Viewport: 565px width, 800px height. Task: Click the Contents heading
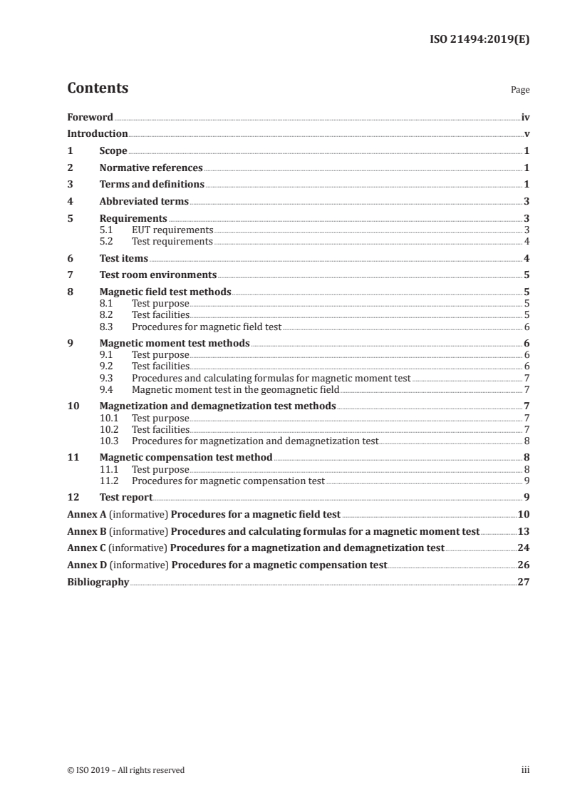pyautogui.click(x=98, y=88)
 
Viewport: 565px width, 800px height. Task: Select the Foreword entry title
pyautogui.click(x=90, y=117)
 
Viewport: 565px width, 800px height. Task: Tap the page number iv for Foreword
pyautogui.click(x=525, y=117)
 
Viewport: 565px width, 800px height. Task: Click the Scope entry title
pyautogui.click(x=113, y=151)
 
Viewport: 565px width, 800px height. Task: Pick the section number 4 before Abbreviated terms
pyautogui.click(x=70, y=202)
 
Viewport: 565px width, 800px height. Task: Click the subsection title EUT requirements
pyautogui.click(x=172, y=230)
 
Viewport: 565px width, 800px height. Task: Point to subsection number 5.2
pyautogui.click(x=106, y=242)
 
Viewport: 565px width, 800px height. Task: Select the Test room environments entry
pyautogui.click(x=158, y=275)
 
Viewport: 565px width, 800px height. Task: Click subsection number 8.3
pyautogui.click(x=106, y=327)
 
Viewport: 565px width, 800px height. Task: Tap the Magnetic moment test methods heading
pyautogui.click(x=175, y=344)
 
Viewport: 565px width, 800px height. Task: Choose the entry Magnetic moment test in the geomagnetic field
pyautogui.click(x=236, y=389)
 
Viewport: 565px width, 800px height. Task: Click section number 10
pyautogui.click(x=72, y=406)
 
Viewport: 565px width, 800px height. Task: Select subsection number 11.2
pyautogui.click(x=109, y=481)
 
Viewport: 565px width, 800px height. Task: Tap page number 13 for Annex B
pyautogui.click(x=523, y=532)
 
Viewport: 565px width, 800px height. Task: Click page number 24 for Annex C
pyautogui.click(x=523, y=548)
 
